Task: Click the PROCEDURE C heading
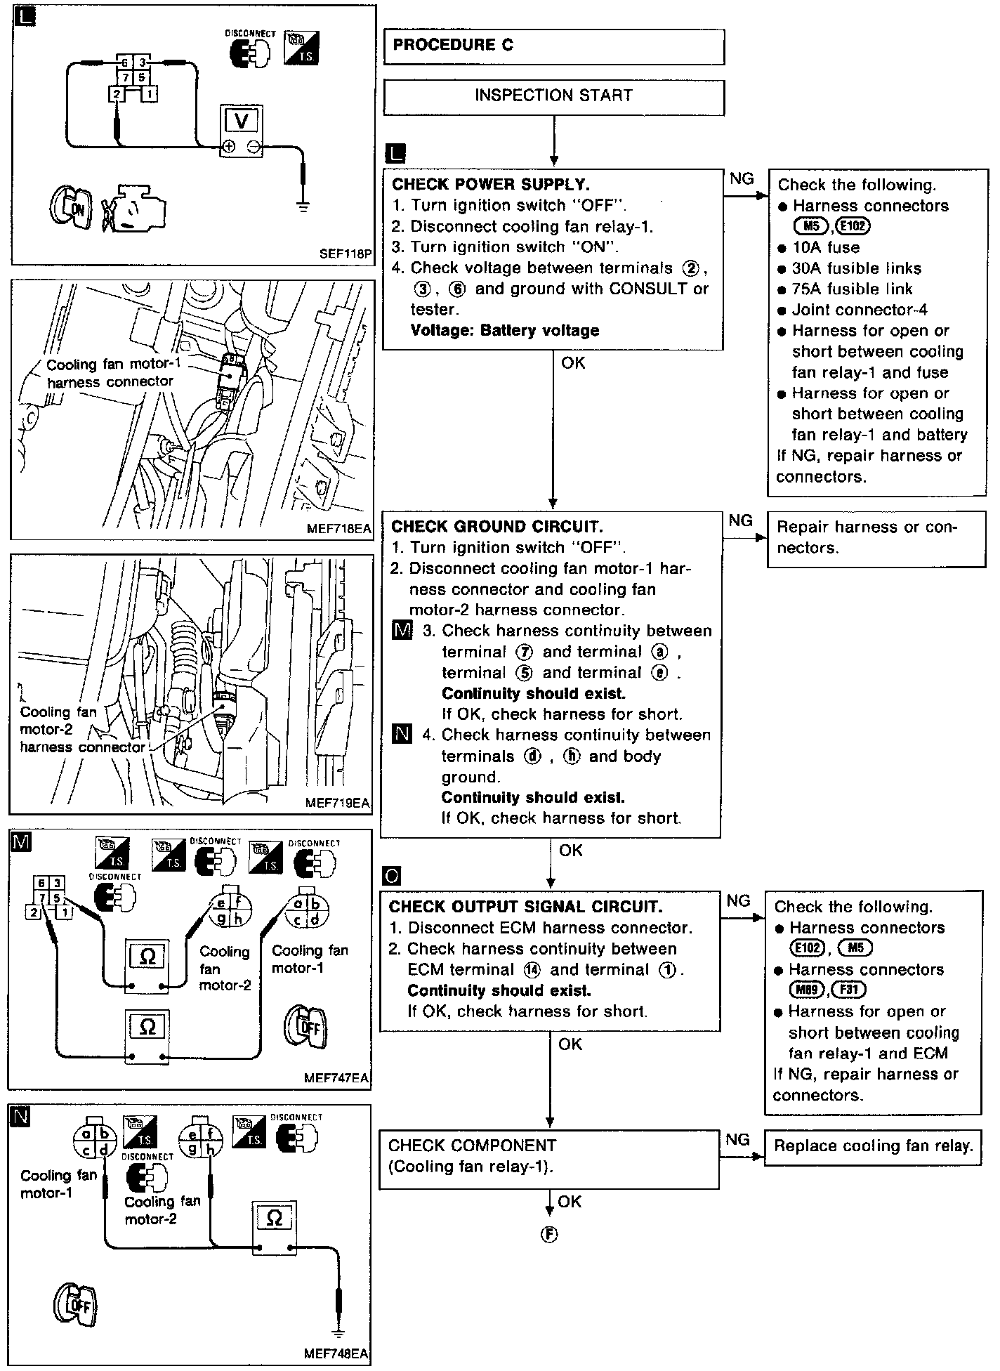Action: pyautogui.click(x=453, y=45)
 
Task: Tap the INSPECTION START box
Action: pyautogui.click(x=553, y=96)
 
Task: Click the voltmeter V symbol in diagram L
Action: pyautogui.click(x=241, y=122)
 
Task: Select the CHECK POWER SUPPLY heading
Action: pyautogui.click(x=490, y=185)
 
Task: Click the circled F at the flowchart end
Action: pyautogui.click(x=549, y=1234)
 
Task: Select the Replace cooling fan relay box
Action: pyautogui.click(x=872, y=1147)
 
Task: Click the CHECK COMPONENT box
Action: pyautogui.click(x=548, y=1155)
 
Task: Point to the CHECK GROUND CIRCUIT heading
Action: pyautogui.click(x=496, y=527)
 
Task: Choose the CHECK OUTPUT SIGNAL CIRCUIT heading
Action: pyautogui.click(x=525, y=907)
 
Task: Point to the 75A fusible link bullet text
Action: pyautogui.click(x=852, y=289)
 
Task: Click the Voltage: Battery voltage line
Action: pyautogui.click(x=504, y=331)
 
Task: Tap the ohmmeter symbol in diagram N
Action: pyautogui.click(x=275, y=1219)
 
